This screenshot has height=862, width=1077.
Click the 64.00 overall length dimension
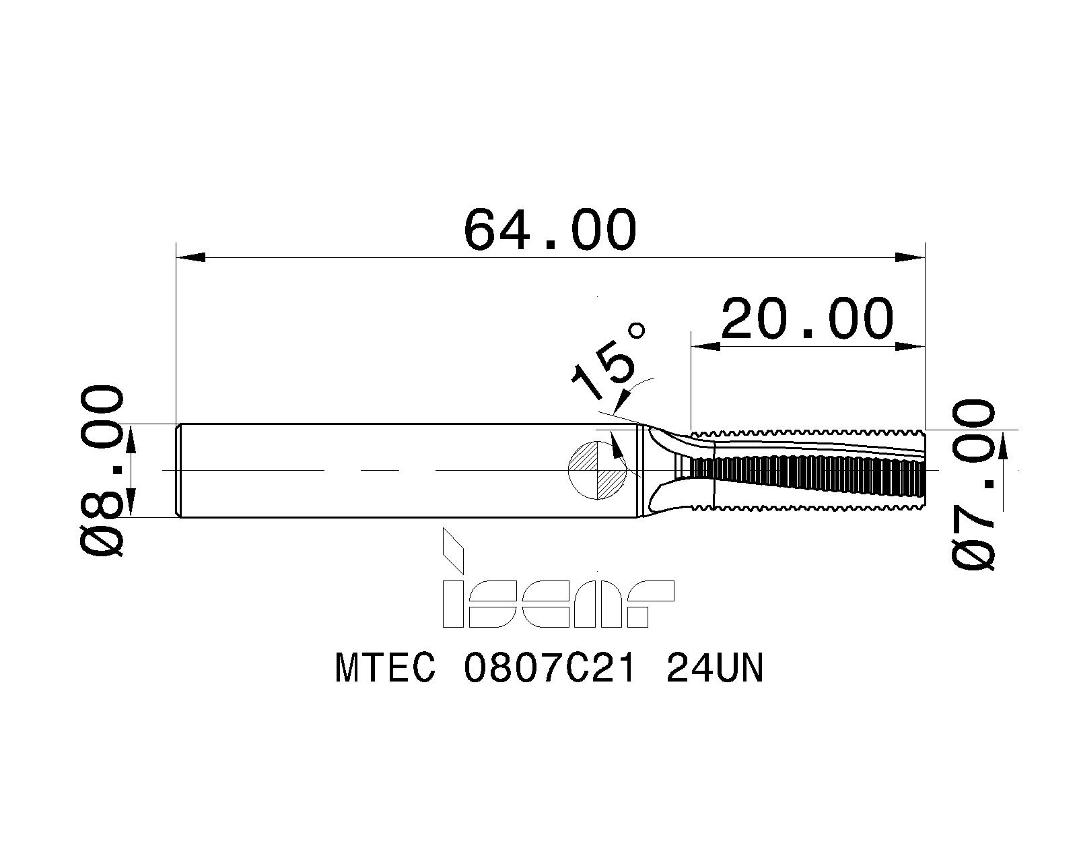(550, 230)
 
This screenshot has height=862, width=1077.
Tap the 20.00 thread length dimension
(807, 319)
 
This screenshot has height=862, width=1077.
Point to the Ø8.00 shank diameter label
(102, 470)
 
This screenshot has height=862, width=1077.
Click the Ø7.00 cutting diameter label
(973, 484)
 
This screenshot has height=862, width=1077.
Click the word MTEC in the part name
(385, 669)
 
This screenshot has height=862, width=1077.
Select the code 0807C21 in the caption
(549, 669)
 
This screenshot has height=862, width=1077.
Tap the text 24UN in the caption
(715, 669)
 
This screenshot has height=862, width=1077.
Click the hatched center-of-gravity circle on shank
(598, 470)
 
